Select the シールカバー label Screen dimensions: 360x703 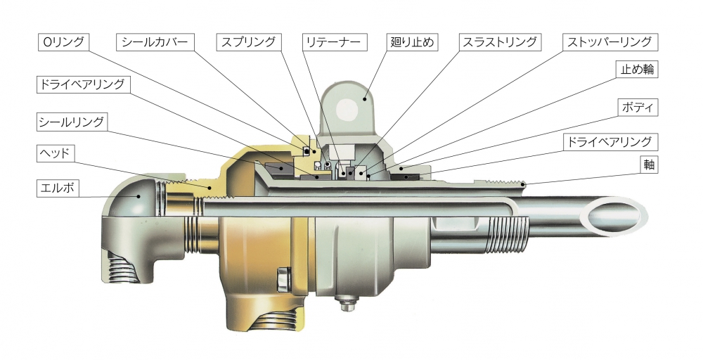pos(155,42)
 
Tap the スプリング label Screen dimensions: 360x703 pos(248,42)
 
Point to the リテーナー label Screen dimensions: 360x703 pos(333,42)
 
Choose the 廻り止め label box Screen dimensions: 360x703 pos(412,42)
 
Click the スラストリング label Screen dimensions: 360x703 pos(499,42)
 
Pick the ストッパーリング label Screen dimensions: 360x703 pos(611,42)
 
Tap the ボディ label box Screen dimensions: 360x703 pos(638,108)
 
